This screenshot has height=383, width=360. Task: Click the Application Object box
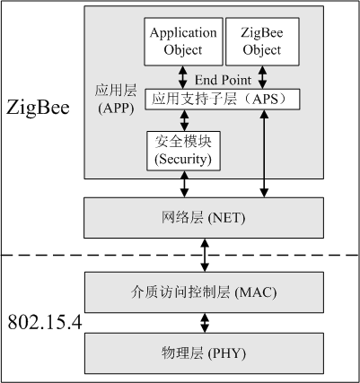point(183,41)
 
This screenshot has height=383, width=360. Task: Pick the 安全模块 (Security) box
point(183,151)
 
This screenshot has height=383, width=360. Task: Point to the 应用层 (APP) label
point(114,99)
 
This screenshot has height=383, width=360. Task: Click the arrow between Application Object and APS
point(183,76)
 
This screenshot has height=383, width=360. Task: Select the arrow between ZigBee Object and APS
point(263,76)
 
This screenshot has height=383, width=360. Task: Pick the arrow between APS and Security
point(183,119)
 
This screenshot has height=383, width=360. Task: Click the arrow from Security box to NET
point(184,184)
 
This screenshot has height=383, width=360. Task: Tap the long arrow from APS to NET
point(263,152)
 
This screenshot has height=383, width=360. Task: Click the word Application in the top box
point(183,33)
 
